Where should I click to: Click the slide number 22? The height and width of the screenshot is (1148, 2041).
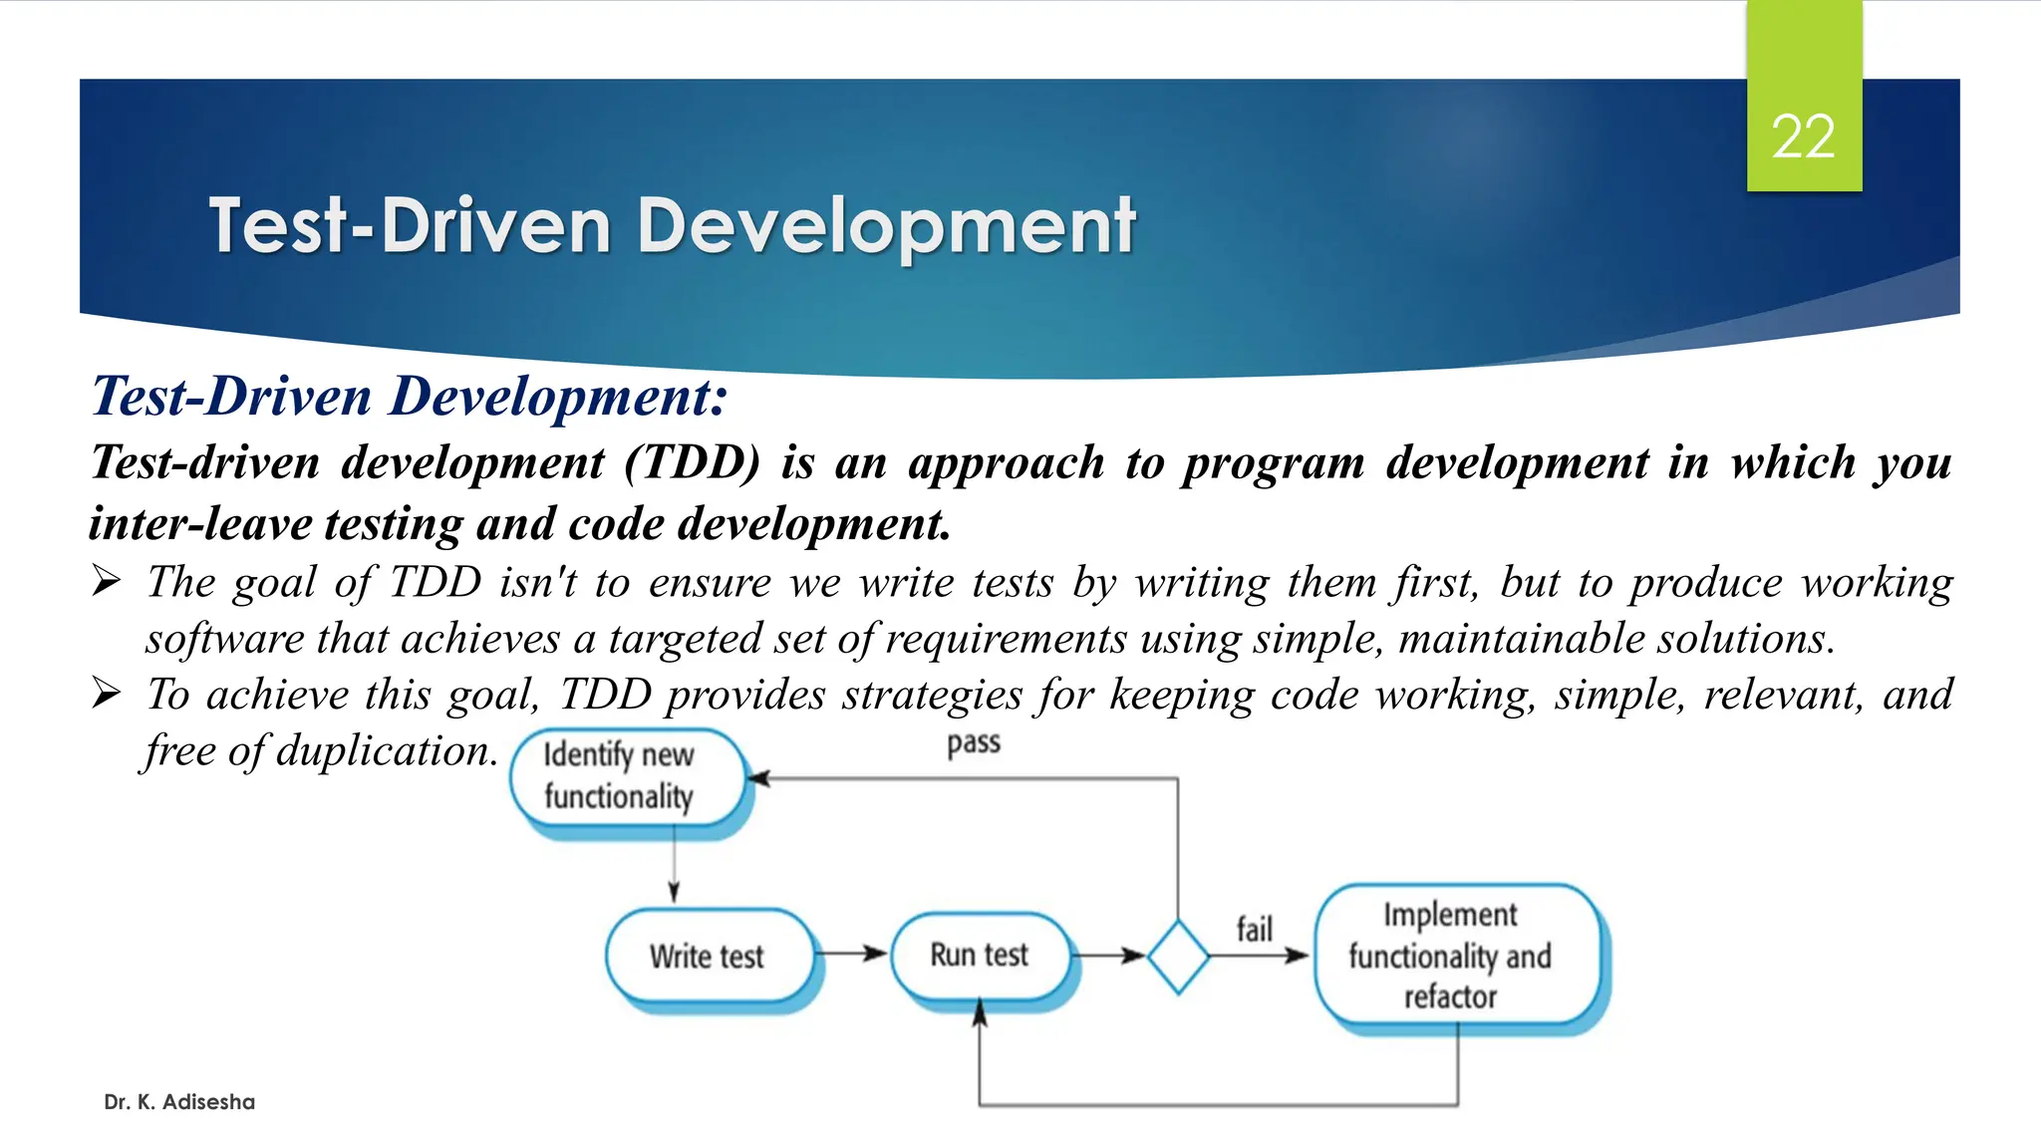tap(1803, 137)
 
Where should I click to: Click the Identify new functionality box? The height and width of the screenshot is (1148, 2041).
tap(626, 776)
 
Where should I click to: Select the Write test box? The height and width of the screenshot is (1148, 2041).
tap(708, 956)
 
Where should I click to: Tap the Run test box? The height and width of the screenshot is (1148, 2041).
tap(980, 955)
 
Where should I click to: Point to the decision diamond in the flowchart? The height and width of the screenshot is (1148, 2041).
tap(1178, 957)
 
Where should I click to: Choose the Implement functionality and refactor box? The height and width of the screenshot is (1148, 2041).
tap(1451, 956)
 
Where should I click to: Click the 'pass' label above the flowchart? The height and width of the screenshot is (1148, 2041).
tap(973, 743)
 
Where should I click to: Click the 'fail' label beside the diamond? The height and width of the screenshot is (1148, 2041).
tap(1254, 929)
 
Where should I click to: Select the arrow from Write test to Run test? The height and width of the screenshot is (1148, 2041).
tap(852, 954)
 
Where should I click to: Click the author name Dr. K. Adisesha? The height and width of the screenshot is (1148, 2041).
tap(179, 1102)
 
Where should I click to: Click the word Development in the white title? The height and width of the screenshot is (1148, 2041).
tap(886, 226)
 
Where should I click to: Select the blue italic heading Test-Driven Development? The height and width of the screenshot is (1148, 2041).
tap(410, 397)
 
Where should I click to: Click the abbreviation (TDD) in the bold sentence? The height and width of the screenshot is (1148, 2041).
tap(693, 462)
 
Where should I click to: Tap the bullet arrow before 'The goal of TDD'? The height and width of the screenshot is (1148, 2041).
tap(106, 580)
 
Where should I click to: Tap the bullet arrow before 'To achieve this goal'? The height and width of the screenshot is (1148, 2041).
tap(106, 692)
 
